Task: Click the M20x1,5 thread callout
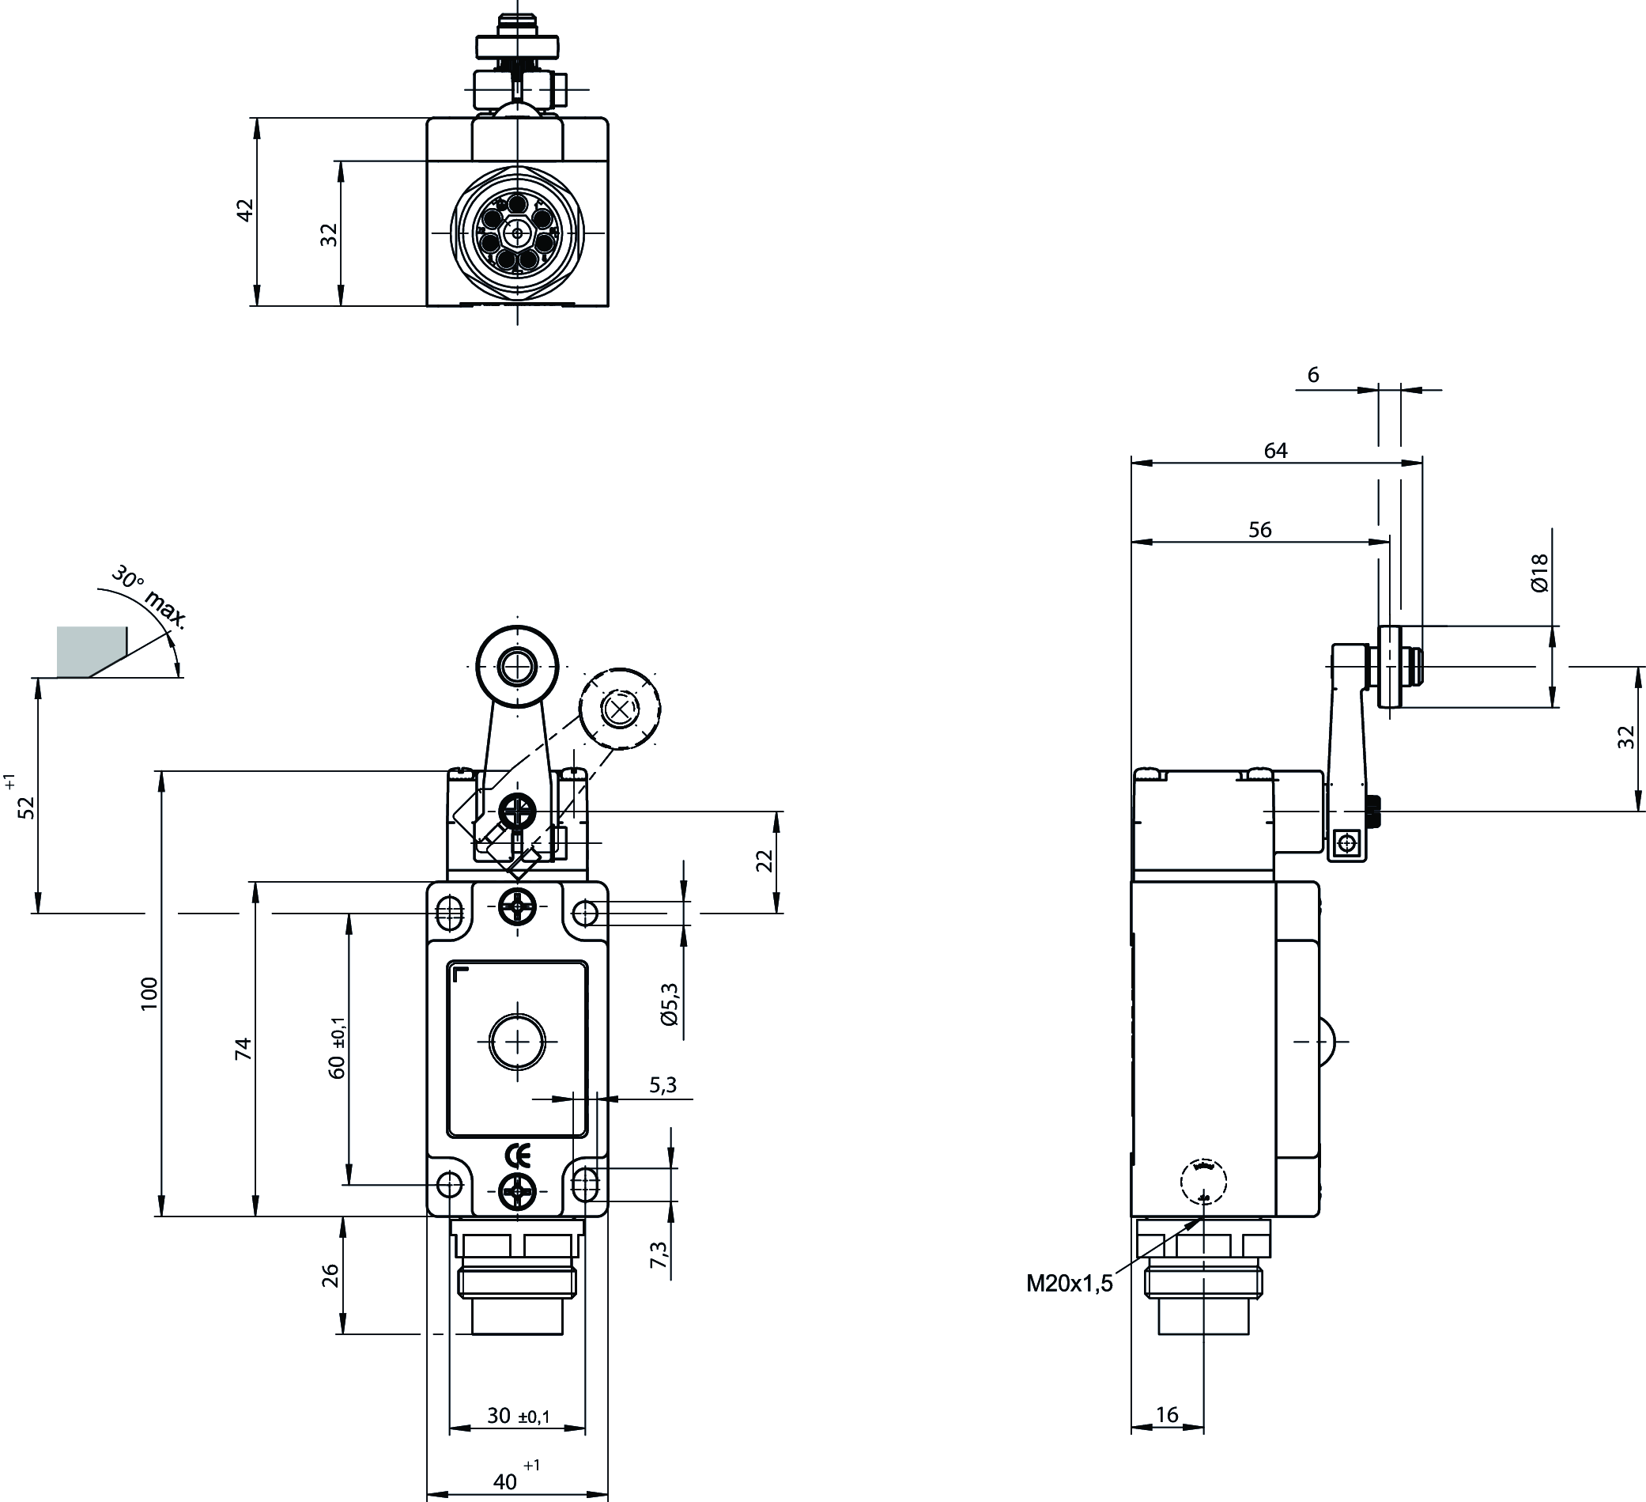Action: coord(1069,1283)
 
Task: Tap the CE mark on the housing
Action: coord(518,1156)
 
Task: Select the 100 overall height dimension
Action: coord(149,994)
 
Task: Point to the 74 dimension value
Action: coord(244,1049)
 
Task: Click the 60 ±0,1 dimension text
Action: coord(338,1050)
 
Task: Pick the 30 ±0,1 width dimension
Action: coord(519,1416)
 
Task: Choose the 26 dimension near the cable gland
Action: coord(330,1275)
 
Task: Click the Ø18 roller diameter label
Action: coord(1539,573)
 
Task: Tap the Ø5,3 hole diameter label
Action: coord(669,1004)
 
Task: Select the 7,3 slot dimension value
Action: coord(658,1255)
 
